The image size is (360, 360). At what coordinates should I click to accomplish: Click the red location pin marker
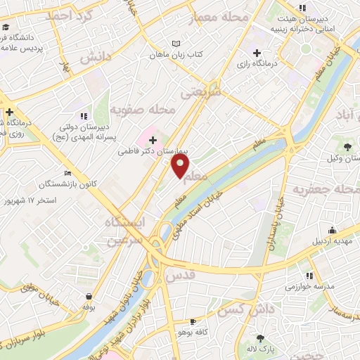point(181,166)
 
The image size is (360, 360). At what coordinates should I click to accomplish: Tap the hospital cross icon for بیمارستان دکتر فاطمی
point(153,140)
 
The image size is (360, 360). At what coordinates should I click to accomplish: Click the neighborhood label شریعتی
point(200,91)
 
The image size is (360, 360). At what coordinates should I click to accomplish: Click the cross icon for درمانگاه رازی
point(257,52)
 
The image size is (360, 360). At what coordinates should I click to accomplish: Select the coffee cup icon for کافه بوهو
point(193,321)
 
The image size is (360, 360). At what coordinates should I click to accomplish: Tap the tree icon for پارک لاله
point(261,338)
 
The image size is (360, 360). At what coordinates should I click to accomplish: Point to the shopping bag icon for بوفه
point(89,296)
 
